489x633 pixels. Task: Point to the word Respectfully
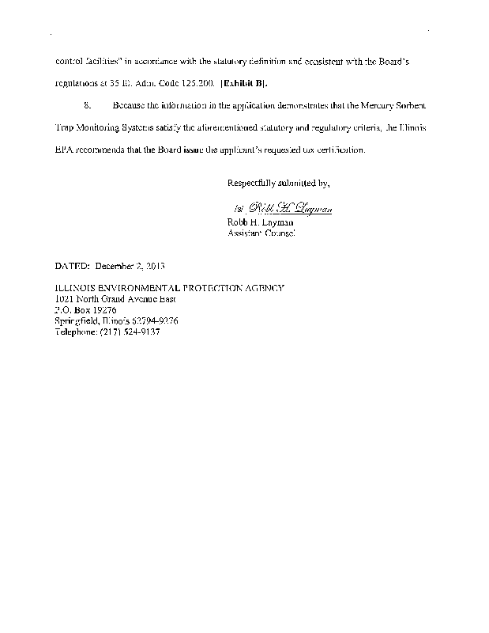pyautogui.click(x=253, y=184)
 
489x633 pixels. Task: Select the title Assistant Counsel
pyautogui.click(x=261, y=234)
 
